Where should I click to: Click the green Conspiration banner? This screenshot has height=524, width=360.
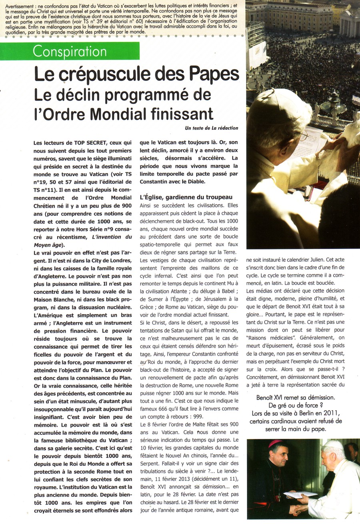click(x=70, y=51)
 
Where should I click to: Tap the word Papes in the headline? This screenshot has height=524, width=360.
click(x=211, y=74)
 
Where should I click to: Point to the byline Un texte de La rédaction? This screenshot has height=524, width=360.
click(x=212, y=128)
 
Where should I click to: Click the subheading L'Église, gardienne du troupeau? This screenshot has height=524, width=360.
click(x=186, y=197)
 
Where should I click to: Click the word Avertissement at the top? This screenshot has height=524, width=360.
click(x=20, y=6)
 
